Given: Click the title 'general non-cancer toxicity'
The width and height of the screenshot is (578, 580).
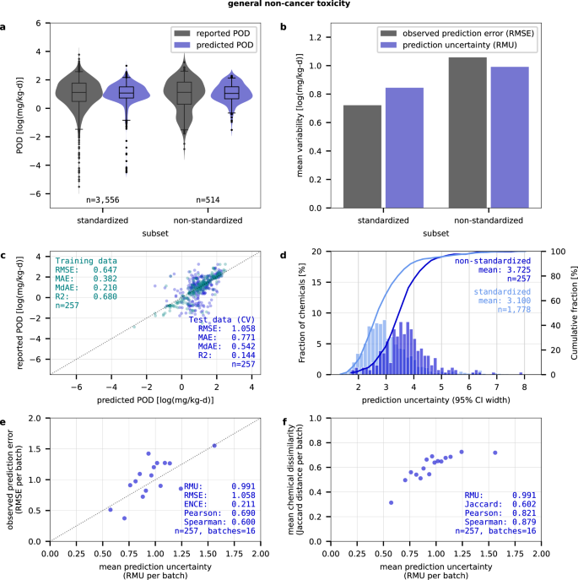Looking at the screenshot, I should pos(289,5).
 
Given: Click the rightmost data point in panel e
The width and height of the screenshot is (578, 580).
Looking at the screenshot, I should pos(214,446).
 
